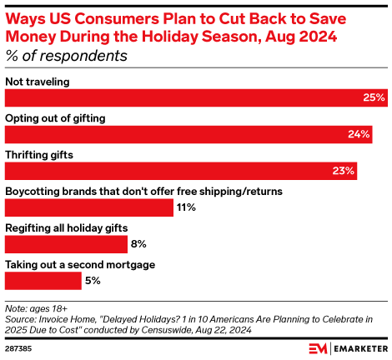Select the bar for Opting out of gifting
(x=188, y=134)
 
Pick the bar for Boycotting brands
(x=88, y=207)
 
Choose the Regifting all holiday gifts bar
(x=66, y=244)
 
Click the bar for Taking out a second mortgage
(x=43, y=281)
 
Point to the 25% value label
(x=374, y=97)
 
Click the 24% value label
(x=359, y=134)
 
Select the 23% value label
(x=344, y=171)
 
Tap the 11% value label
(x=186, y=207)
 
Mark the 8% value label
(x=138, y=244)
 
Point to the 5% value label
(x=93, y=281)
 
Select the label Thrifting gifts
(x=40, y=154)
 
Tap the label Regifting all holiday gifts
(x=67, y=227)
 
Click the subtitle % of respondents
(x=66, y=56)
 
